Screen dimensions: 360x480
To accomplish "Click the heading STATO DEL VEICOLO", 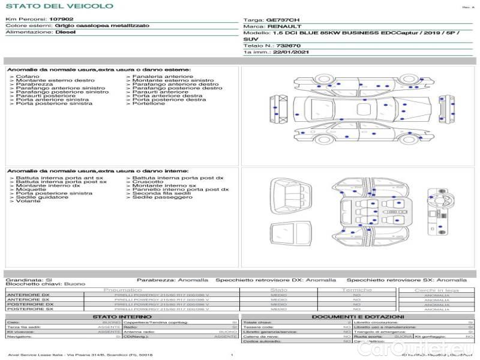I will coord(59,6).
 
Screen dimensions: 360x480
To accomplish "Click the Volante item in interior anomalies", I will coord(28,201).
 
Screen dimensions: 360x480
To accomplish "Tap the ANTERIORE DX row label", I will coord(29,295).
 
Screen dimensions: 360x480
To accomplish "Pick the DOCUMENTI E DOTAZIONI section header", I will coord(358,316).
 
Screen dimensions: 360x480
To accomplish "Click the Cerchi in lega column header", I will coord(436,290).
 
